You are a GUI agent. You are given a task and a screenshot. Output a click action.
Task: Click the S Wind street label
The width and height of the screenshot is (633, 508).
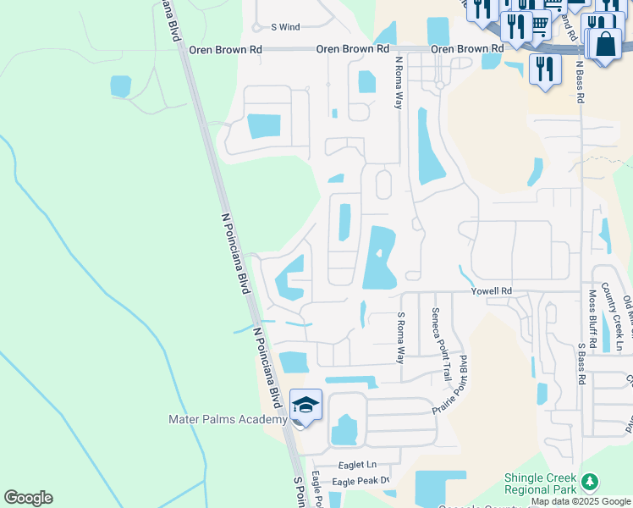coord(285,27)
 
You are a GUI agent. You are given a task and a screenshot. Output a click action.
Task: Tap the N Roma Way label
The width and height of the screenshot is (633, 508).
coord(398,83)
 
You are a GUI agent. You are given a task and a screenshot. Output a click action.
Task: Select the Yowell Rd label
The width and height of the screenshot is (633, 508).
coord(493,291)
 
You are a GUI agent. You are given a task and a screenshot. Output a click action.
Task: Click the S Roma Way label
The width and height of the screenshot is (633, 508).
coord(401,337)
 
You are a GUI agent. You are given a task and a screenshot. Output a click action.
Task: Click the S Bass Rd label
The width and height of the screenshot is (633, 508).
coord(581,364)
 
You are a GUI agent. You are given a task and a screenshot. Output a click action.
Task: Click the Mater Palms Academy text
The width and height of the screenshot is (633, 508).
coord(228,419)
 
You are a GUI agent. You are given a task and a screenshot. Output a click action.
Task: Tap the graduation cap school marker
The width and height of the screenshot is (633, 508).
coord(305,404)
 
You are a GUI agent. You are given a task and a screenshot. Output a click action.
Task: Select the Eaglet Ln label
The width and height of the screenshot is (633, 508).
coord(356,465)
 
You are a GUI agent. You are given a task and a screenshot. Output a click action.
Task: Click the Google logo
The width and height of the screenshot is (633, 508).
coord(28,498)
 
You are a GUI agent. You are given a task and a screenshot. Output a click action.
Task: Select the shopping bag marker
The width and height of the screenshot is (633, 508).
coord(607,43)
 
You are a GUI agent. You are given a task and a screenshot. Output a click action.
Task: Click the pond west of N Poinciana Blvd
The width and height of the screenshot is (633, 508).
coord(121,86)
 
